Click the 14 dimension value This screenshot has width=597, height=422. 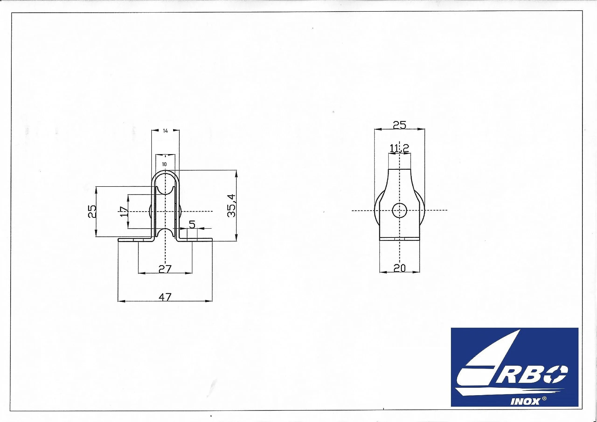(x=165, y=131)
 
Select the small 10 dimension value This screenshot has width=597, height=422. (x=164, y=164)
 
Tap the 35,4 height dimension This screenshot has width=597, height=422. (x=231, y=205)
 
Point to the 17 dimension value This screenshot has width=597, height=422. (x=124, y=211)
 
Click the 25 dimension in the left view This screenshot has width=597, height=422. (x=92, y=211)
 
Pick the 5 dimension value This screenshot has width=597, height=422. (x=192, y=224)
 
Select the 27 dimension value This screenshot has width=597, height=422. (x=165, y=269)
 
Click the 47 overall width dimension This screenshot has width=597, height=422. (x=165, y=297)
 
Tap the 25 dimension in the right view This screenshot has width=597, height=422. (x=399, y=125)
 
